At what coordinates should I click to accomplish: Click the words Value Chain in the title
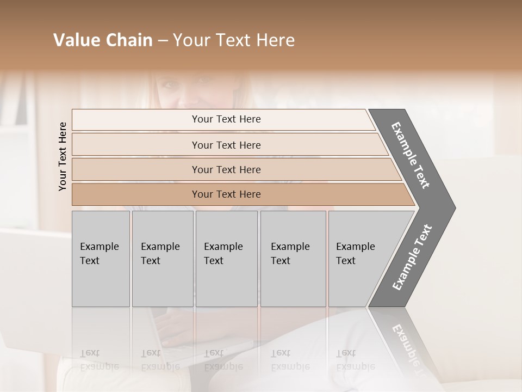[x=103, y=40]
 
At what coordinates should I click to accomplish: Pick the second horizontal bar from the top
[x=226, y=145]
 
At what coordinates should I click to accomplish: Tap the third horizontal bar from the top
[x=226, y=169]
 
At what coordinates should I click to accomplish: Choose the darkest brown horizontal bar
[x=226, y=194]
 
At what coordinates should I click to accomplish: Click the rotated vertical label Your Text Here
[x=63, y=156]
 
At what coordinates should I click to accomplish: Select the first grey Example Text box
[x=101, y=258]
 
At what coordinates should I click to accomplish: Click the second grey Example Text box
[x=162, y=258]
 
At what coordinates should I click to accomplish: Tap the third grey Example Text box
[x=226, y=258]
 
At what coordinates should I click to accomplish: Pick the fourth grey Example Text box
[x=293, y=258]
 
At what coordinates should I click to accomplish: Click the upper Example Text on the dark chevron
[x=411, y=155]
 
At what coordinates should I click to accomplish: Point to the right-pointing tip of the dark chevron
[x=453, y=207]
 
